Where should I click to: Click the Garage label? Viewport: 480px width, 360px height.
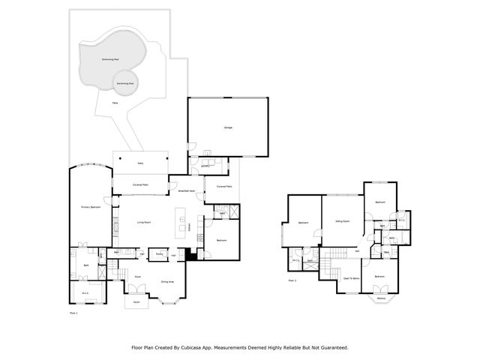[x=228, y=127]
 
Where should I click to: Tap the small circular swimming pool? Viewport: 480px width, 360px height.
[x=124, y=83]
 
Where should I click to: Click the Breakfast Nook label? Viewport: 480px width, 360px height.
[x=186, y=191]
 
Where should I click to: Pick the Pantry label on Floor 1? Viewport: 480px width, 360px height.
[x=160, y=254]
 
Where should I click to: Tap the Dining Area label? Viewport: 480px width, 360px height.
[x=167, y=281]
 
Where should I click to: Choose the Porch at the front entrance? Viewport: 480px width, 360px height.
[x=136, y=302]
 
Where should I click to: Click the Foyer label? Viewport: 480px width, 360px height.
[x=138, y=277]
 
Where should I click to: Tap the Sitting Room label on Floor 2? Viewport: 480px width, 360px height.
[x=343, y=223]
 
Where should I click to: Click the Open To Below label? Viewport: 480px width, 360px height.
[x=351, y=277]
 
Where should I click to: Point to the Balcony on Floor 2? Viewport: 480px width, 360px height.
[x=381, y=298]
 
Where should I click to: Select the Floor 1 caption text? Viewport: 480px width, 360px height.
[x=73, y=312]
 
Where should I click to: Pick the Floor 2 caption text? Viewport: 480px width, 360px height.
[x=292, y=280]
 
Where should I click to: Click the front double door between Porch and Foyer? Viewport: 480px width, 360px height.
[x=136, y=294]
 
